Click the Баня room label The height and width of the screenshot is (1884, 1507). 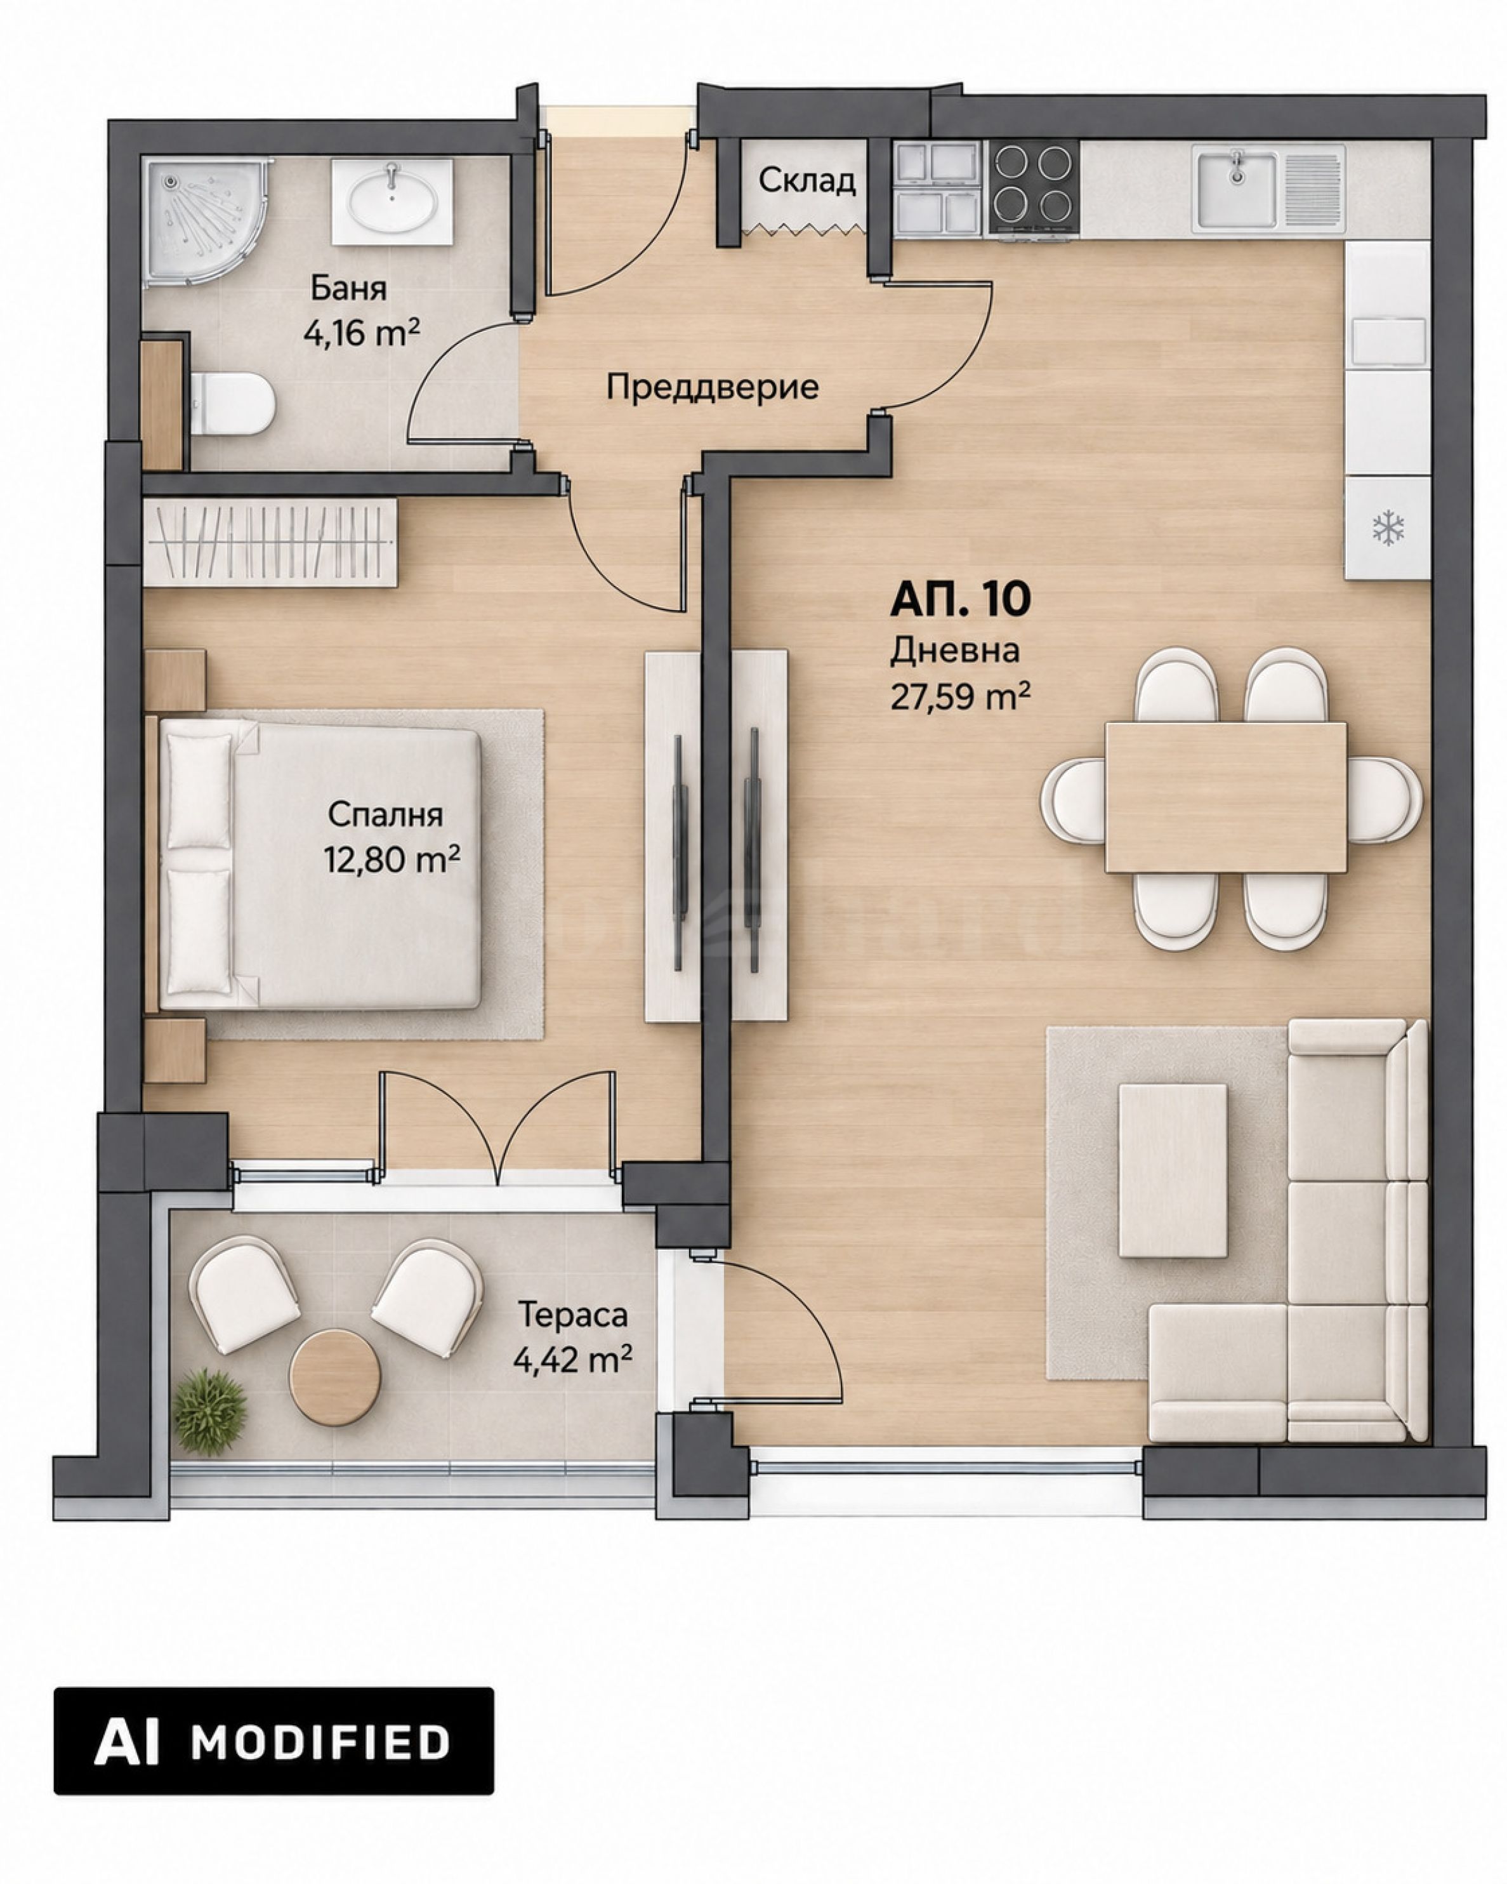pos(348,288)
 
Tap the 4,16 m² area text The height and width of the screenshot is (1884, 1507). pos(361,333)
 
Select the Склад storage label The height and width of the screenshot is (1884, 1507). pos(806,181)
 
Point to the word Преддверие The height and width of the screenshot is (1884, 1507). pos(713,387)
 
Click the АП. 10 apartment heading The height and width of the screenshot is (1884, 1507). pos(960,599)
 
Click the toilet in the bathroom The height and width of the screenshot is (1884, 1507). pos(232,404)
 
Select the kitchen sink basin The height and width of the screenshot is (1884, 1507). pos(1236,187)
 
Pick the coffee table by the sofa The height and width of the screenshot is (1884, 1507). pos(1173,1171)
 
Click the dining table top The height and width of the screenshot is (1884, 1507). pos(1226,797)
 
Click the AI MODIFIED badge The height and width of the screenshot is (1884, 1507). pos(273,1742)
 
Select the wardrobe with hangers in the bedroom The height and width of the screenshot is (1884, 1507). pos(270,542)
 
